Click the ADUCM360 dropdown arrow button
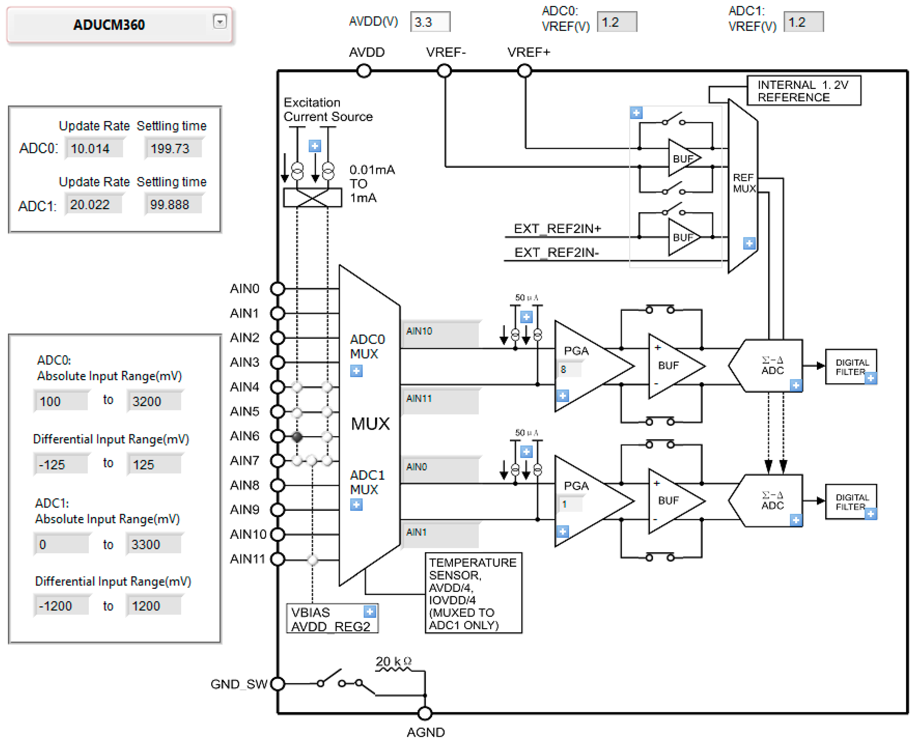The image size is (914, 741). (219, 21)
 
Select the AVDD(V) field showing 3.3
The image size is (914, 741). (429, 22)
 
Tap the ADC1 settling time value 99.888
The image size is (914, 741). (173, 204)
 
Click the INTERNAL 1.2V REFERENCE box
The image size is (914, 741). (803, 91)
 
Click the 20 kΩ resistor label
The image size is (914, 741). (393, 662)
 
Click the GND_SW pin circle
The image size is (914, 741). (278, 684)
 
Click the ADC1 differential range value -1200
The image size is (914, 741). (61, 606)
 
